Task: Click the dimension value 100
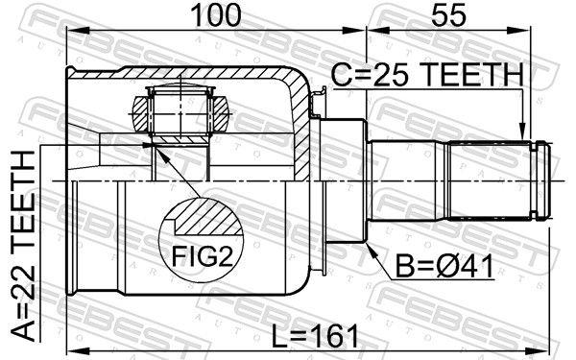(x=217, y=15)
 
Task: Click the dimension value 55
(x=449, y=15)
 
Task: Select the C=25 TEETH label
(x=427, y=75)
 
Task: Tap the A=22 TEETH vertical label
(x=23, y=247)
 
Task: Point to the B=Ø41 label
(x=444, y=266)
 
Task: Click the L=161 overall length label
(x=315, y=336)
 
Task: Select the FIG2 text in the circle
(x=203, y=256)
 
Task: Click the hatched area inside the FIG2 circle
(x=209, y=219)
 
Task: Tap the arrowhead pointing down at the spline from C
(x=522, y=133)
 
